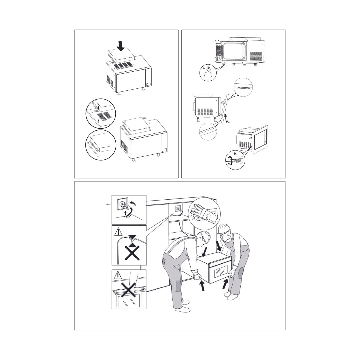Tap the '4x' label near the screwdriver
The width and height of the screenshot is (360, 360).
pos(235,154)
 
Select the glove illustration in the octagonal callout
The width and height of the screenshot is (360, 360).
pos(204,212)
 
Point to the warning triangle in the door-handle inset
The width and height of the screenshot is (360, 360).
pos(117,275)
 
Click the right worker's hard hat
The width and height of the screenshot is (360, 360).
pos(223,229)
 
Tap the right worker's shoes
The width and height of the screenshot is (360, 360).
pos(231,296)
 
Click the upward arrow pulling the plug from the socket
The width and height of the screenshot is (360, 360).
pos(125,213)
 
